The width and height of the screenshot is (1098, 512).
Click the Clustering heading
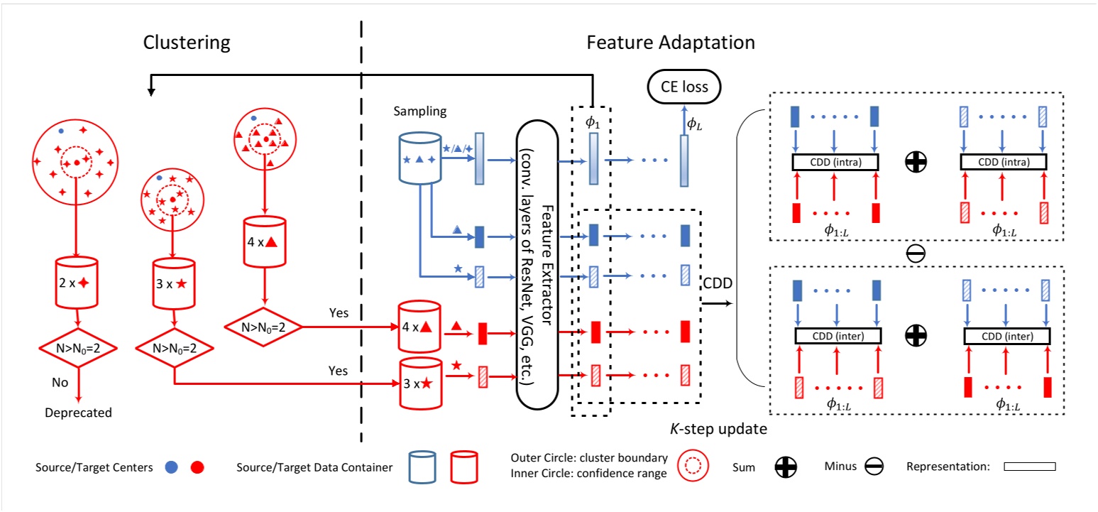pos(187,43)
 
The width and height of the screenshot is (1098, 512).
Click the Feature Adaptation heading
pos(670,43)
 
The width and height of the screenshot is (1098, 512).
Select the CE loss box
pos(683,88)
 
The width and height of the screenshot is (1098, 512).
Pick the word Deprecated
pos(78,413)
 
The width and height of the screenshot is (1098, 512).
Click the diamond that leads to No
pos(78,348)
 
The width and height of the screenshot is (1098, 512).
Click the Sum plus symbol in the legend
pos(786,467)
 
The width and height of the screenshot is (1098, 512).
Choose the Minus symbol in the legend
pos(872,467)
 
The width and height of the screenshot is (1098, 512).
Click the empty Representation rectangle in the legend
pos(1030,467)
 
